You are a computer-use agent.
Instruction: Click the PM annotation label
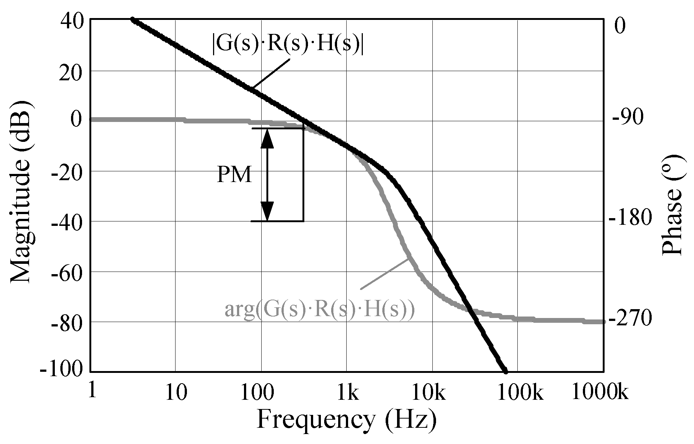[x=234, y=175]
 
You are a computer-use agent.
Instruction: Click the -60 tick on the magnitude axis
[x=67, y=272]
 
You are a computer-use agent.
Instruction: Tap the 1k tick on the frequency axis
[x=348, y=394]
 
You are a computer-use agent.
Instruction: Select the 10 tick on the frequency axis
[x=176, y=394]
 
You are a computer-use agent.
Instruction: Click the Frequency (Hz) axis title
[x=346, y=420]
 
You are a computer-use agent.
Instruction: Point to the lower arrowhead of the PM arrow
[x=267, y=211]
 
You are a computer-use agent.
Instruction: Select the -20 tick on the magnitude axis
[x=67, y=171]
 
